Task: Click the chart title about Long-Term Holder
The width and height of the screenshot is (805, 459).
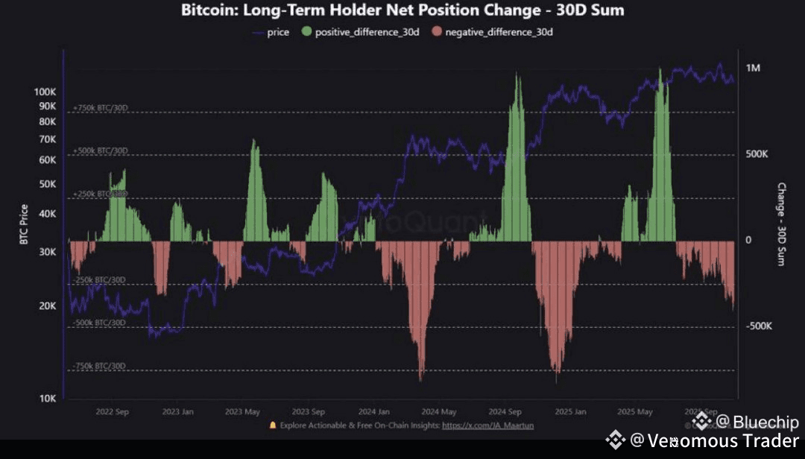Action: pos(402,10)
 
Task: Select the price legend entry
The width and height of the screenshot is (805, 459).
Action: pos(271,32)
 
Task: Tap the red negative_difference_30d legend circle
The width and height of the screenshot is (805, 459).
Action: pos(438,32)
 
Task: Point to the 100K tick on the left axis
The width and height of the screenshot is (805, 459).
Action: pos(45,92)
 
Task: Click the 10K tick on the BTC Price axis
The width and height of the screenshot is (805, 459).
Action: pos(48,399)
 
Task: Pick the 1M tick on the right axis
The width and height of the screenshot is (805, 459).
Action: pos(753,68)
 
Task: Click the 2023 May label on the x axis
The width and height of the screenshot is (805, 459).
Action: pos(242,412)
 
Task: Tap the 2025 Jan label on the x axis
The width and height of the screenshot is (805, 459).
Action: pos(570,412)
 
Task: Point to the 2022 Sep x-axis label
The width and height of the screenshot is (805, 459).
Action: pos(112,412)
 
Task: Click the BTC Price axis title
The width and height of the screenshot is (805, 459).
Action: pos(24,224)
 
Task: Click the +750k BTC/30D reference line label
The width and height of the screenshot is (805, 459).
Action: pos(101,108)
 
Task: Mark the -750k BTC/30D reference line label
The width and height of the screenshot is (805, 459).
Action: pos(100,366)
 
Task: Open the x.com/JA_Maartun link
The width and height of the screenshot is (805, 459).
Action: pos(487,425)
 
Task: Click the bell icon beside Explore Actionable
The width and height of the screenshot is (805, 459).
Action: pos(273,425)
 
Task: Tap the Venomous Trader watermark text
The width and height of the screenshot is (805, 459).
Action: pos(715,440)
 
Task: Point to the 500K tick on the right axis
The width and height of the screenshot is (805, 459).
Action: pos(758,154)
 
